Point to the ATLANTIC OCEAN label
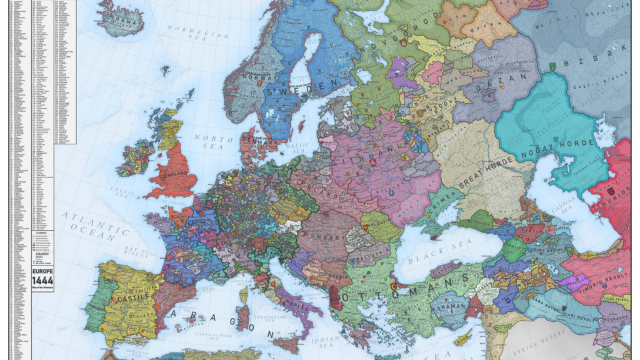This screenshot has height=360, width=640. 87,225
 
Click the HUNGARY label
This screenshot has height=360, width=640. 324,237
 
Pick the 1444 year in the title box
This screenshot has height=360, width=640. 42,282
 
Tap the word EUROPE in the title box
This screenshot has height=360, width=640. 42,272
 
